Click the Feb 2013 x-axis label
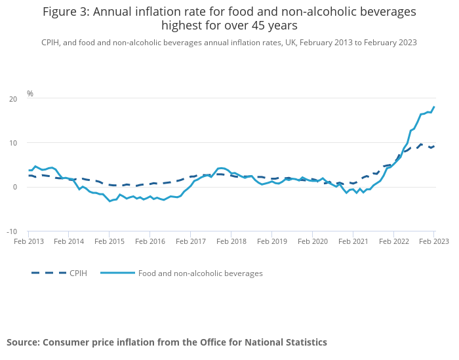28,241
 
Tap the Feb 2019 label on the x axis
271,241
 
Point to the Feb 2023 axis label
434,241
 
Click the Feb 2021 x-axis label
353,241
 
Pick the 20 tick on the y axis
13,99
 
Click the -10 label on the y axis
12,231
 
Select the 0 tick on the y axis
15,188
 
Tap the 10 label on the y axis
13,143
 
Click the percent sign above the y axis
30,94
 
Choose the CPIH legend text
78,273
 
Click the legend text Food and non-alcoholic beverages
200,273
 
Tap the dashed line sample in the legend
49,273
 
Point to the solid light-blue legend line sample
117,273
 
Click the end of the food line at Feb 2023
434,107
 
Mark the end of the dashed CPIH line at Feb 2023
434,146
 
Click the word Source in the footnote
24,342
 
